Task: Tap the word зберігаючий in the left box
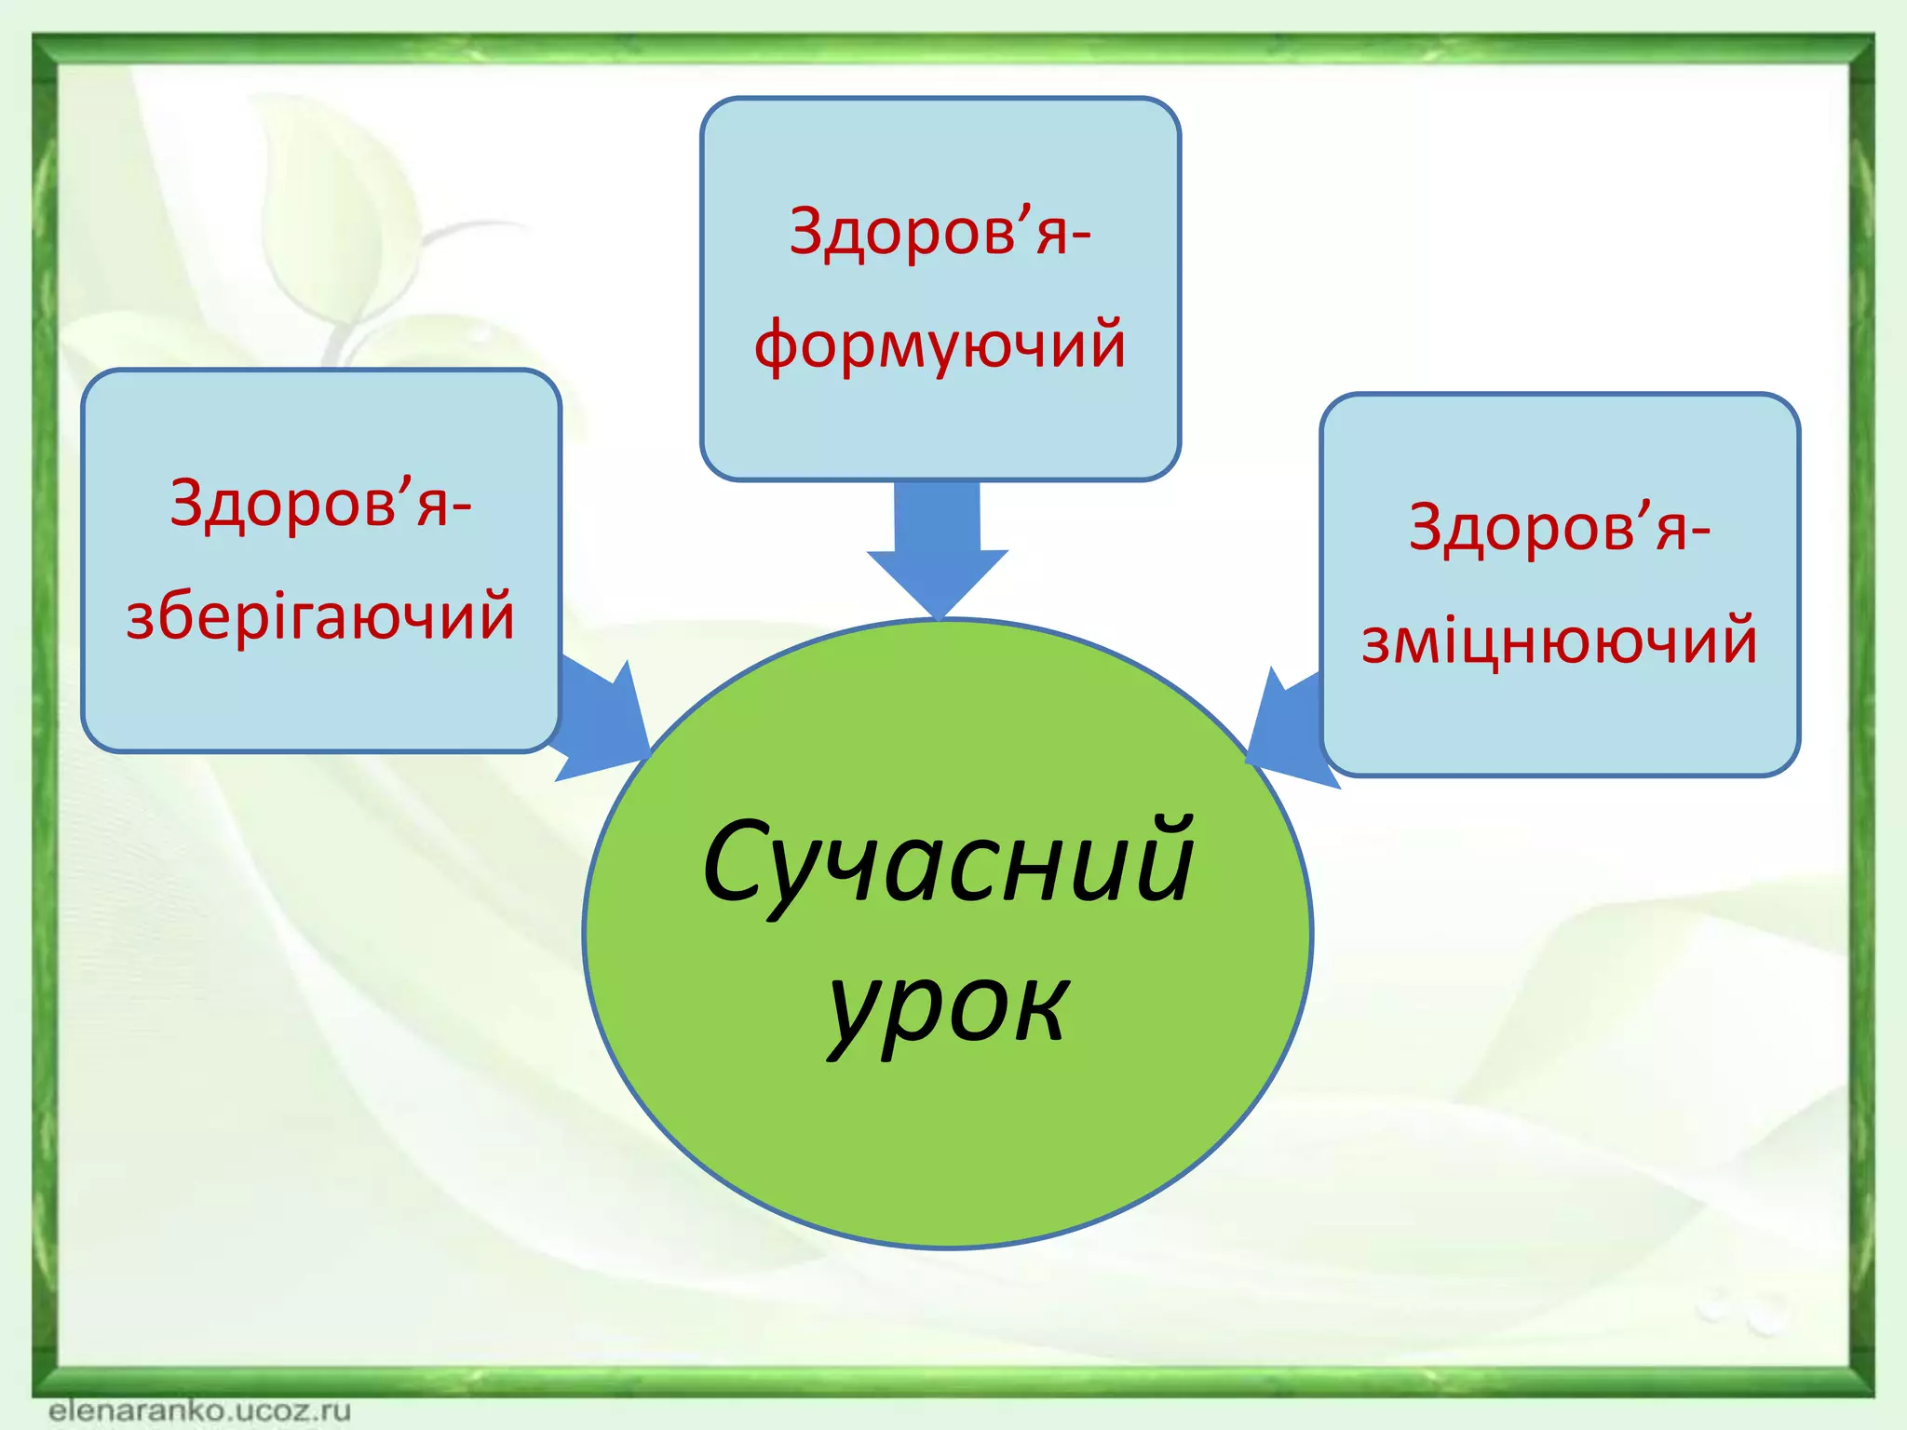[320, 616]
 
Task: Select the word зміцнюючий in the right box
[1559, 641]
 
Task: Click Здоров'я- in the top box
[940, 231]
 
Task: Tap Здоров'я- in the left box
[320, 503]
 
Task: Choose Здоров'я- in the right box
[1559, 527]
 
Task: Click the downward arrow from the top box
[938, 549]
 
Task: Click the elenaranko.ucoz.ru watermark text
[199, 1410]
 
